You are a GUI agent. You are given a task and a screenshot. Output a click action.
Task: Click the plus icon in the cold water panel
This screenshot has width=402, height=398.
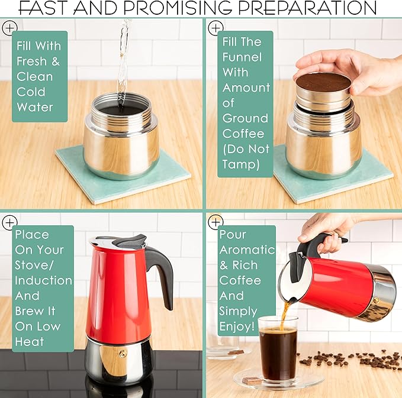pyautogui.click(x=9, y=28)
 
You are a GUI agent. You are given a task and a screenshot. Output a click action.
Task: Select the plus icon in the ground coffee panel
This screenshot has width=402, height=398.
pyautogui.click(x=216, y=28)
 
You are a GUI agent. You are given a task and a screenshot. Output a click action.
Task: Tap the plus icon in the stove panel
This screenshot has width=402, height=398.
pyautogui.click(x=9, y=222)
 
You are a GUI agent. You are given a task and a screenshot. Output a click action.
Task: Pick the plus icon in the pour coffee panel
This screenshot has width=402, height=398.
pyautogui.click(x=216, y=222)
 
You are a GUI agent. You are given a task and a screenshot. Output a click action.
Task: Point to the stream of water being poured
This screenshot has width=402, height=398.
pyautogui.click(x=124, y=59)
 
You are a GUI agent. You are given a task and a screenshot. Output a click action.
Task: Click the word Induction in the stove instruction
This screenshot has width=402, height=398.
pyautogui.click(x=43, y=280)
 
